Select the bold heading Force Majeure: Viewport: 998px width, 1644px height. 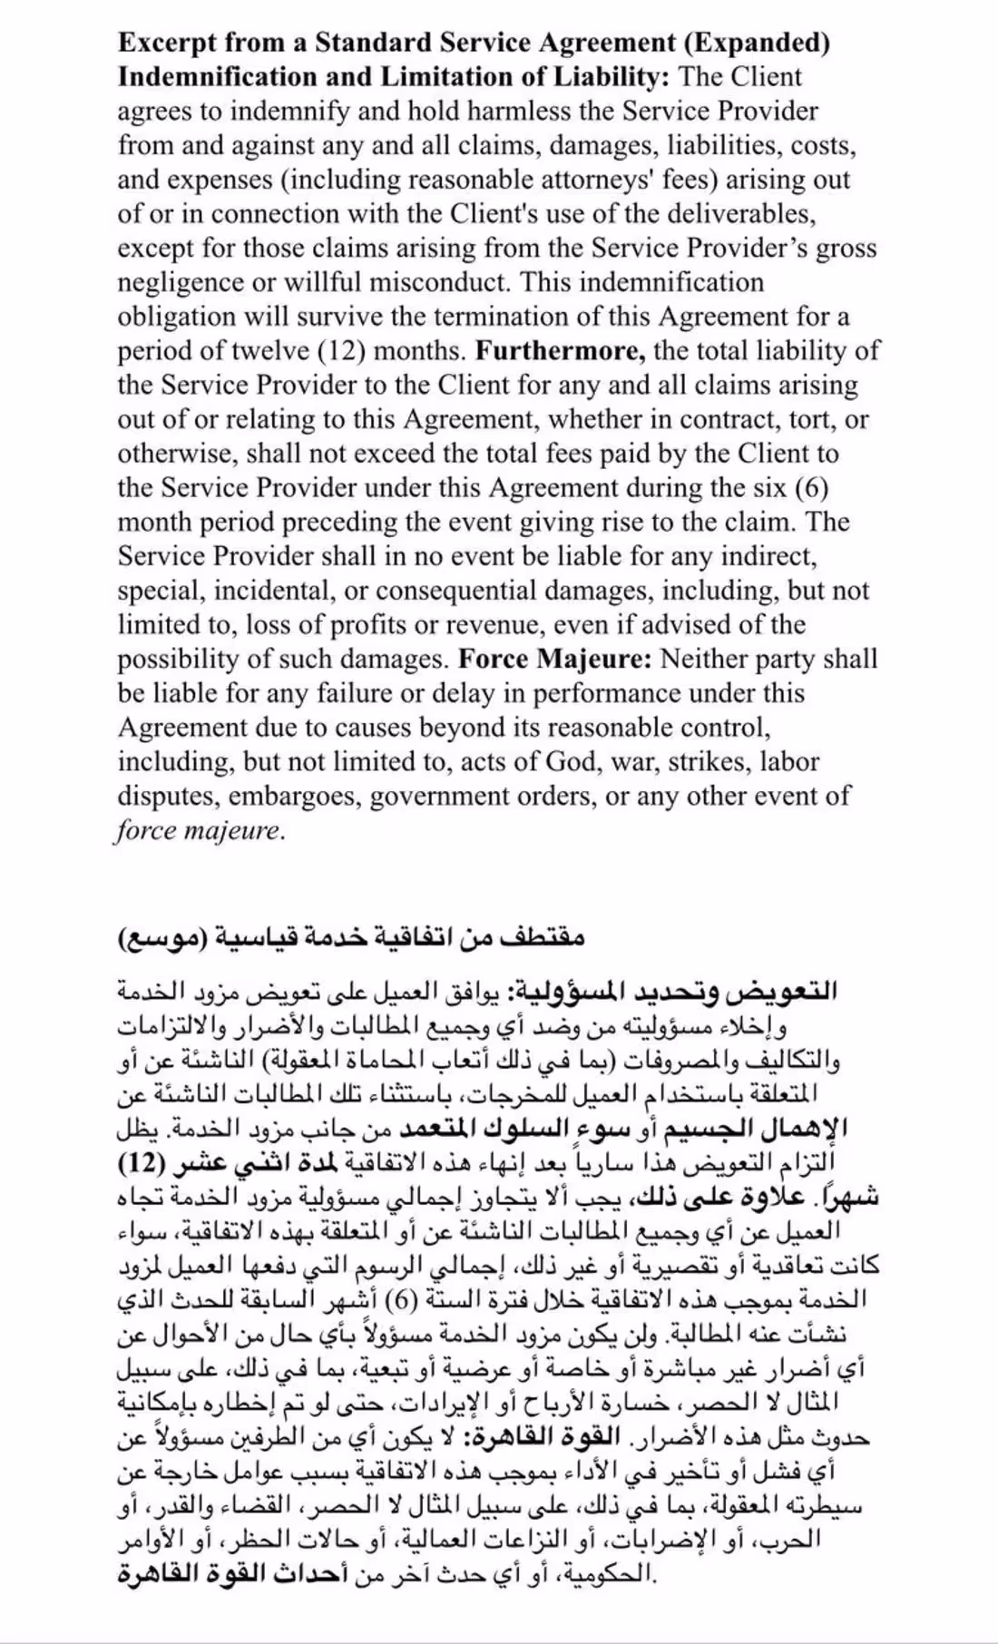tap(554, 659)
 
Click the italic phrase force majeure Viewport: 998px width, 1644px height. tap(199, 831)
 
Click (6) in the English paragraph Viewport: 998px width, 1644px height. tap(811, 488)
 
